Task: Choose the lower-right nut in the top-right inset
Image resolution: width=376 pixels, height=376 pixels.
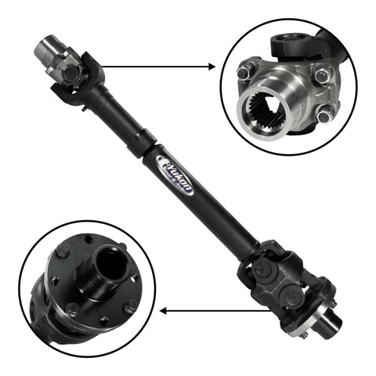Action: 324,117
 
